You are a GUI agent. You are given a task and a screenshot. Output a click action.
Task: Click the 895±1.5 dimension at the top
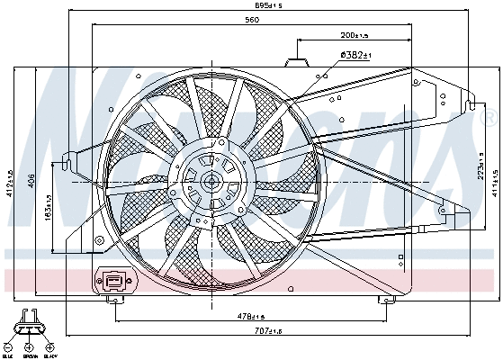pyautogui.click(x=243, y=5)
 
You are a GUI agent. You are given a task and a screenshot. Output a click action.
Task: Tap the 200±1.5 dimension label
pyautogui.click(x=355, y=36)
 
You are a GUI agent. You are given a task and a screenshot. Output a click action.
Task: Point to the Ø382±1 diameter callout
pyautogui.click(x=355, y=56)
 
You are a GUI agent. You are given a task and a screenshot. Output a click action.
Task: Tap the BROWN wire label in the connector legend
pyautogui.click(x=29, y=355)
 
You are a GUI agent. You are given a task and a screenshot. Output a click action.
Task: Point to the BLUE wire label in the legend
pyautogui.click(x=8, y=355)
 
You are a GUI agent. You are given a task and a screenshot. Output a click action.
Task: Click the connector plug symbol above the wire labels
pyautogui.click(x=29, y=319)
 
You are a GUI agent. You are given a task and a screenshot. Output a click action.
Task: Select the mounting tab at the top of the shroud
pyautogui.click(x=297, y=62)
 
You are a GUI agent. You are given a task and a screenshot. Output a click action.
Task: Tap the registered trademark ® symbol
pyautogui.click(x=489, y=118)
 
